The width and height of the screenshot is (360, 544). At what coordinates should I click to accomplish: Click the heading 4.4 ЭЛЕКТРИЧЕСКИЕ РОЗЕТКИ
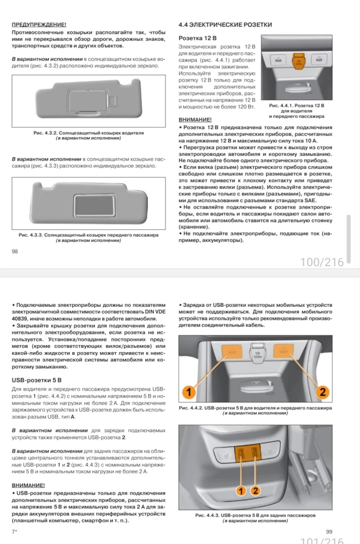pos(225,24)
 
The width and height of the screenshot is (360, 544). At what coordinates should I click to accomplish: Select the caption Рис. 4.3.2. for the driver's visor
pos(88,133)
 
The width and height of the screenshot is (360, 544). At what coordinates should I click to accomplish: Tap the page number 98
pos(14,252)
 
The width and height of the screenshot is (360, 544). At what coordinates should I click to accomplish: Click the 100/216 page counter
pos(322,262)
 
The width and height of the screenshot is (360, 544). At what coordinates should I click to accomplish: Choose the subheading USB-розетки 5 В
pos(36,380)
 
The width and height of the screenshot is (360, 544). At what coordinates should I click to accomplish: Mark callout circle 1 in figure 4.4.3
pos(241,491)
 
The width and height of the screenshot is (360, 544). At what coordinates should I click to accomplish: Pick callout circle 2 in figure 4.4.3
pos(255,491)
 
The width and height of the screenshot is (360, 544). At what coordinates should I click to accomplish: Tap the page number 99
pos(329,531)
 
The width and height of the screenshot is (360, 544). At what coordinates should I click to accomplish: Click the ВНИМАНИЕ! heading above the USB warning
pos(28,486)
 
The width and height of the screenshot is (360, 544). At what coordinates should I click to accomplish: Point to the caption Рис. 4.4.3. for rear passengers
pos(255,515)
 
